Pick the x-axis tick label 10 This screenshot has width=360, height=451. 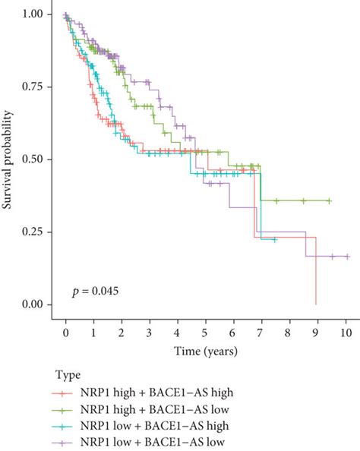click(346, 333)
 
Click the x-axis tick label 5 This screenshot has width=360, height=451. click(206, 333)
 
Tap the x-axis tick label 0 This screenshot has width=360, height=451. click(66, 333)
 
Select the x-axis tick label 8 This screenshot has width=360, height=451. click(289, 333)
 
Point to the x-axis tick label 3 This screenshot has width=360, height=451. click(150, 333)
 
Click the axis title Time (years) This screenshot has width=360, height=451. click(206, 351)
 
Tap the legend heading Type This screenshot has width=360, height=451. click(67, 375)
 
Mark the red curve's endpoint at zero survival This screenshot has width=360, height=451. click(315, 304)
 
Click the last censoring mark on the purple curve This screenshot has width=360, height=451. click(347, 257)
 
